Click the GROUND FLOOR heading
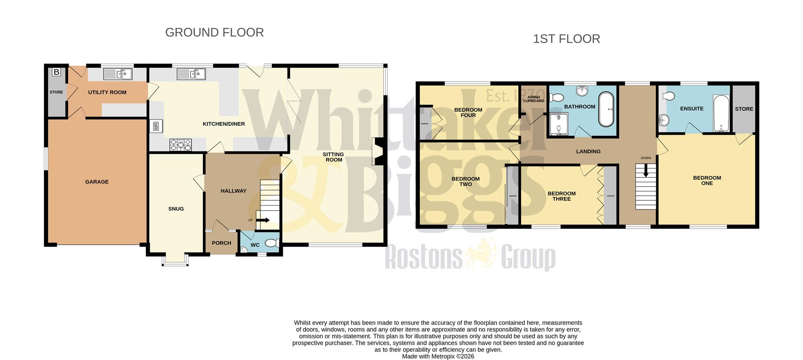click(x=214, y=33)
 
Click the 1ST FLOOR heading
click(x=566, y=39)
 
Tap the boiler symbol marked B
click(x=56, y=72)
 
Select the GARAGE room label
click(x=97, y=182)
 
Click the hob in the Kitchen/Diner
click(x=181, y=145)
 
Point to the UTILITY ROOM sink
click(x=118, y=74)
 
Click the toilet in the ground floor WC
click(x=272, y=243)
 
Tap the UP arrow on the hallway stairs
click(x=263, y=220)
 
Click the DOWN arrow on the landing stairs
click(x=646, y=170)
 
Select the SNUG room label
click(x=176, y=209)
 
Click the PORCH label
click(x=221, y=243)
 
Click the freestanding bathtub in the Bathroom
click(x=606, y=109)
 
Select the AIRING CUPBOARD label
click(x=534, y=99)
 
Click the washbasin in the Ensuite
click(x=663, y=120)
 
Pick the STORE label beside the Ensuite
click(x=744, y=109)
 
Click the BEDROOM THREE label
click(x=561, y=196)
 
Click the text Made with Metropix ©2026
click(x=438, y=356)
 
